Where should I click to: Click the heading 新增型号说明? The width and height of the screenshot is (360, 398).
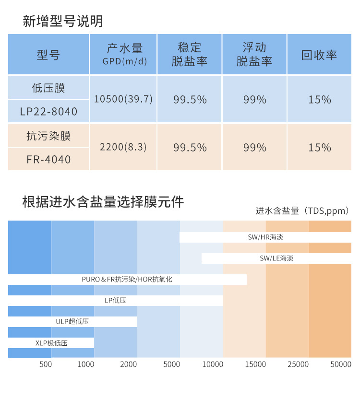(63, 22)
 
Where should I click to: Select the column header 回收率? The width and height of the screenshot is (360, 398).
(319, 55)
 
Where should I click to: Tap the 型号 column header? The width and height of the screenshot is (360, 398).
(48, 55)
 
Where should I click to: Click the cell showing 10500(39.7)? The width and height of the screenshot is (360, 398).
(123, 99)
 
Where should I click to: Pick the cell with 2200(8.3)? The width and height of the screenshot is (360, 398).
(123, 147)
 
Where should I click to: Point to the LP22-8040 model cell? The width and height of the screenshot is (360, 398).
(48, 112)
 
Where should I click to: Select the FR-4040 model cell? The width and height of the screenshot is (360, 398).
(48, 159)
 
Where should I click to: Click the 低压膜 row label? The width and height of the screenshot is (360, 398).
(48, 88)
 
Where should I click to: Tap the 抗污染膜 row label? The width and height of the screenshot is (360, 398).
(48, 136)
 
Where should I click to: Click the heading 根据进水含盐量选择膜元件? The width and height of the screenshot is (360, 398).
(103, 201)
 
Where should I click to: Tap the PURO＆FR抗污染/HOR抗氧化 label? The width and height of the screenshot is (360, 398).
(127, 279)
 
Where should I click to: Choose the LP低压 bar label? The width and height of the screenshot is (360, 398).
(115, 301)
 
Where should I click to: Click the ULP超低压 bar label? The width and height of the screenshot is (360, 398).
(72, 322)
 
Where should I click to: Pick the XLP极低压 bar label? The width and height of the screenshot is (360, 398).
(51, 343)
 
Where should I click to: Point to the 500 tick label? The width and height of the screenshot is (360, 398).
(46, 364)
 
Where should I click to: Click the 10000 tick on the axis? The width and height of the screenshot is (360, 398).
(213, 364)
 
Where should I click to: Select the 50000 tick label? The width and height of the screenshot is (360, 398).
(341, 364)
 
